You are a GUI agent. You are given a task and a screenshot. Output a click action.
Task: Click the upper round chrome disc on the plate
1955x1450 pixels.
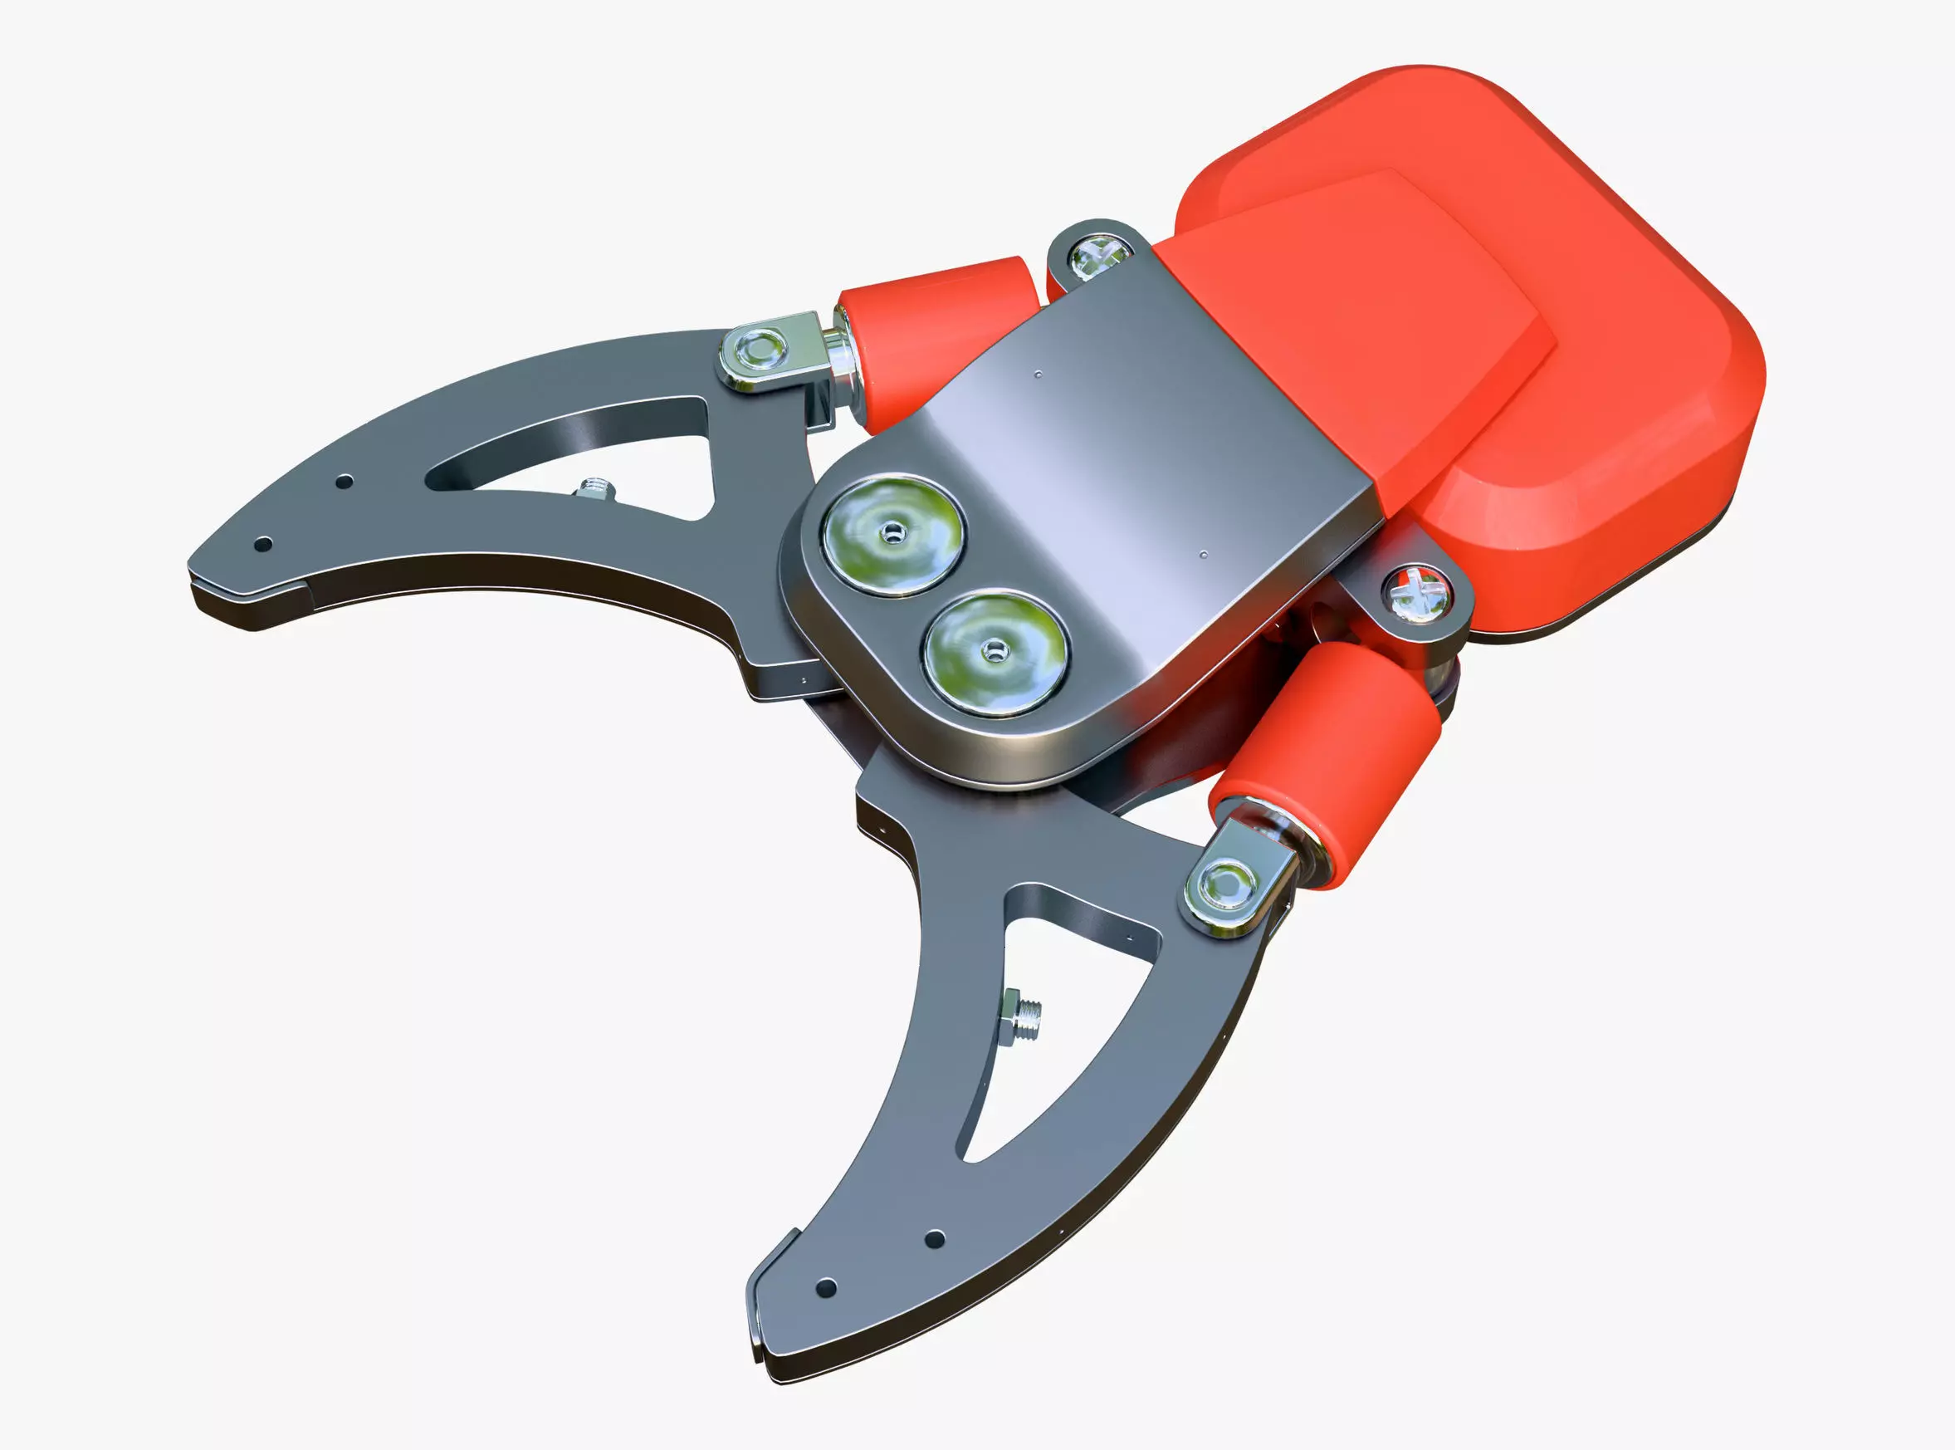tap(893, 534)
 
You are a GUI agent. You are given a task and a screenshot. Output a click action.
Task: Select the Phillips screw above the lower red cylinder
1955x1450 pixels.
tap(1416, 595)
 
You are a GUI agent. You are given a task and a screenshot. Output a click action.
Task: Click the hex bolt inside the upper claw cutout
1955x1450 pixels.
tap(595, 489)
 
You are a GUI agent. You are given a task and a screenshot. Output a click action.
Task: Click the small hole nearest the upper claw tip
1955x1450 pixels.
tap(261, 545)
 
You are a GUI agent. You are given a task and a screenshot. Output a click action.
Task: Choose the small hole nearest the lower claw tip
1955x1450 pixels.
tap(826, 1289)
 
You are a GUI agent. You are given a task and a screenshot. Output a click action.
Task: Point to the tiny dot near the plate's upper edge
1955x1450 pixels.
tap(1039, 375)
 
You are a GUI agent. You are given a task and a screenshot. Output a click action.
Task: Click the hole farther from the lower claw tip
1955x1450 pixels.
tap(936, 1239)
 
